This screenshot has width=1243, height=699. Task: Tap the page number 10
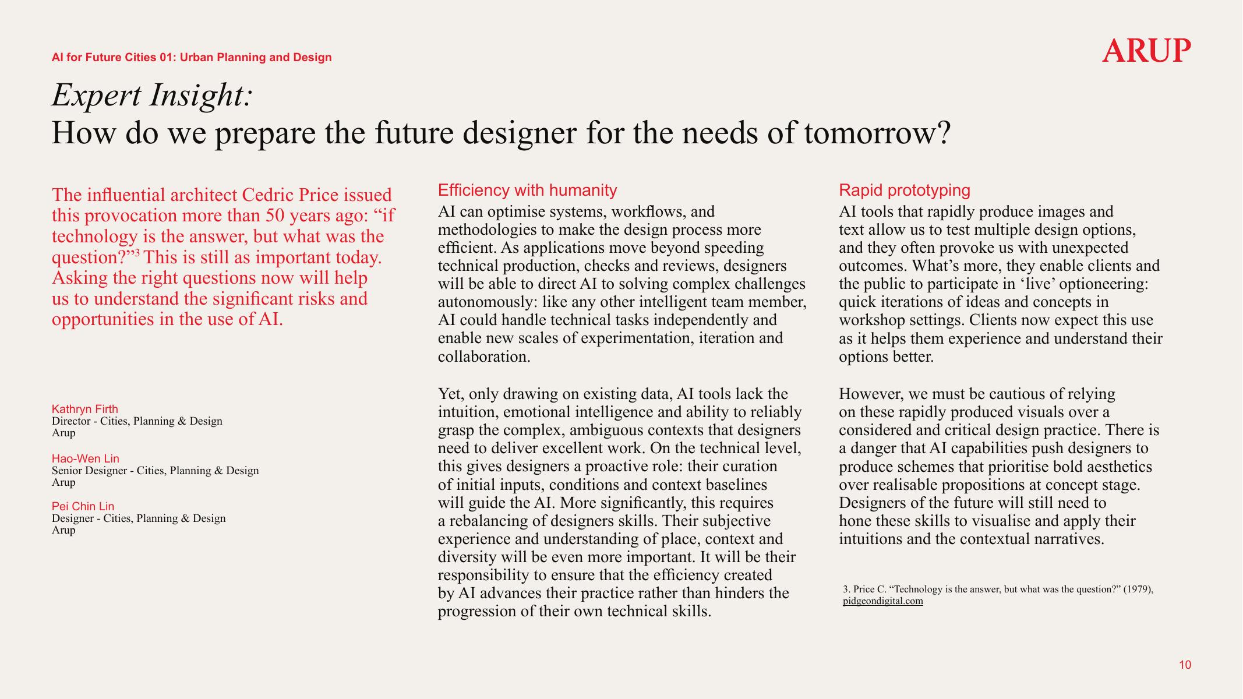(x=1185, y=665)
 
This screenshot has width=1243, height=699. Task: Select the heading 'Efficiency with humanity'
(x=527, y=190)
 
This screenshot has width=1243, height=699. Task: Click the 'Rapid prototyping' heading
(x=904, y=190)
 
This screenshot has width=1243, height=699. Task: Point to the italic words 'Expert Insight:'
(x=152, y=96)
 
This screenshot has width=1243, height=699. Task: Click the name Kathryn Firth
(x=85, y=409)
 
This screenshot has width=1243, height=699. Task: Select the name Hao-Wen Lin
(x=86, y=458)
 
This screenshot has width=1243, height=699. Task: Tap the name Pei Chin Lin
(x=83, y=506)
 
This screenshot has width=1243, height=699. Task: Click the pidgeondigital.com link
(x=882, y=601)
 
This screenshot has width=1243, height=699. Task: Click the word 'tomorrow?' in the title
(x=877, y=133)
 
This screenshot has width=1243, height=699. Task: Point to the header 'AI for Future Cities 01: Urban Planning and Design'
(x=192, y=58)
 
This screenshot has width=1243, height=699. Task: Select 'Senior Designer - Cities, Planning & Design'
(x=155, y=471)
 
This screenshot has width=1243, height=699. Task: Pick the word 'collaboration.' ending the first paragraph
(x=484, y=356)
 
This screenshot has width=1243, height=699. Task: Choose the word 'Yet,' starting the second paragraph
(x=451, y=394)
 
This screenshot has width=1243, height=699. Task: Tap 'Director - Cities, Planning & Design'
(x=137, y=421)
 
